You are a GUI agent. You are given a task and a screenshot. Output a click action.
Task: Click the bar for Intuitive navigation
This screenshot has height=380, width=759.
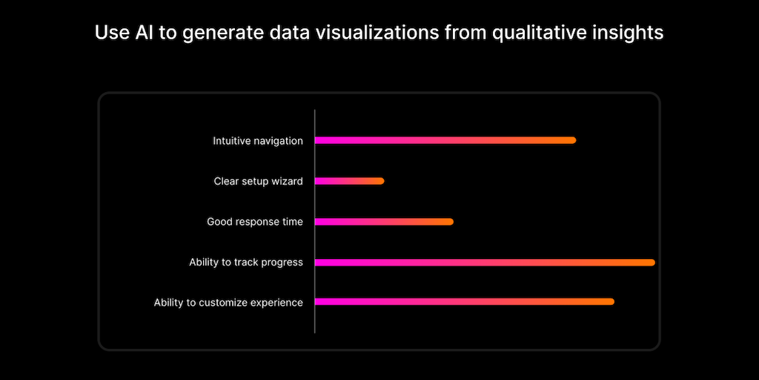(445, 140)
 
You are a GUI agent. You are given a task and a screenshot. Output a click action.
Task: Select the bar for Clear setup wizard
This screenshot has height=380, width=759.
(349, 181)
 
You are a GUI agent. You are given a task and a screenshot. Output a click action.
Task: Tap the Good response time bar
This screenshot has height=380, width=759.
(383, 221)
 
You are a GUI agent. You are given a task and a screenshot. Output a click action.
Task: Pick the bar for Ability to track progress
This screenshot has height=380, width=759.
(484, 262)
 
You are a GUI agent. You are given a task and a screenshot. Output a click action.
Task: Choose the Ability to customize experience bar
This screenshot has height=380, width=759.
(464, 301)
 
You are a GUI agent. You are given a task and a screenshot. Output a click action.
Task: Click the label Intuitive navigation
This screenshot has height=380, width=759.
(257, 140)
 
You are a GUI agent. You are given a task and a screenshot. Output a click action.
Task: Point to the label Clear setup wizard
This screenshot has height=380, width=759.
(258, 181)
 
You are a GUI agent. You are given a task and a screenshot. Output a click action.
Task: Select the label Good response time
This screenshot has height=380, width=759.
(254, 221)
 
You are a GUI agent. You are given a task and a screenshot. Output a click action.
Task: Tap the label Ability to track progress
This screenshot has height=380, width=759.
(246, 262)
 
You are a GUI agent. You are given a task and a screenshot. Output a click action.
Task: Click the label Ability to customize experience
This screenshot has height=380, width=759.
(228, 302)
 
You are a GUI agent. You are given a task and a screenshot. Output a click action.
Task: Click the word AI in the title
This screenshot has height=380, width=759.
(142, 33)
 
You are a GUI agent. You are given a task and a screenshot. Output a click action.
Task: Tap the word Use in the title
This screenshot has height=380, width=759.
(110, 33)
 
